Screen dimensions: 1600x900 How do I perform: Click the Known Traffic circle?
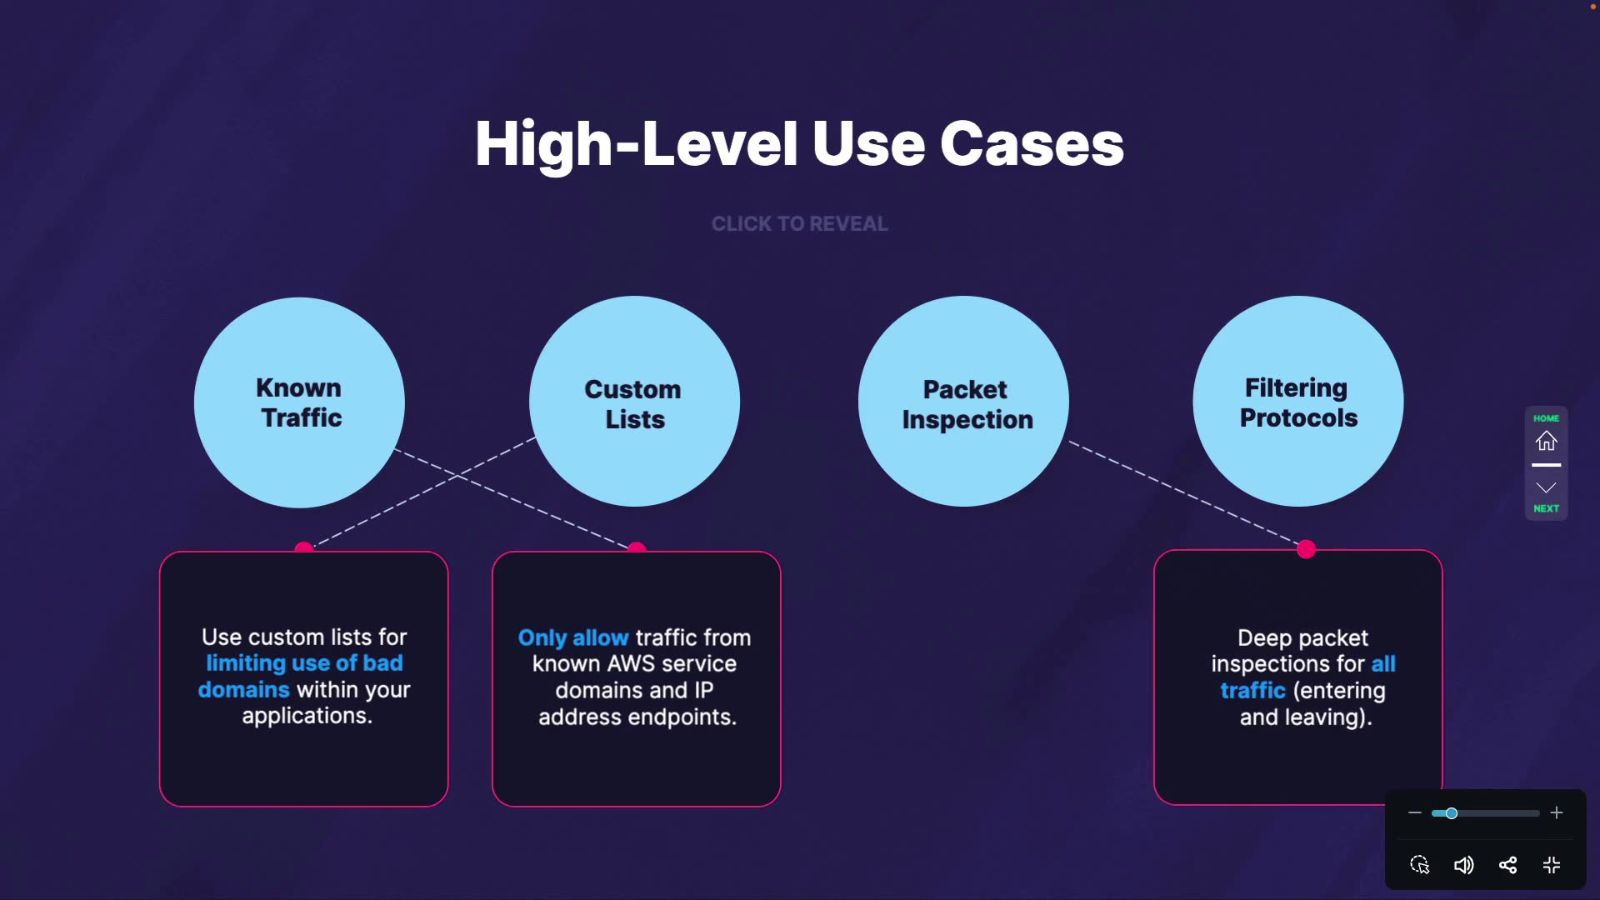pyautogui.click(x=299, y=402)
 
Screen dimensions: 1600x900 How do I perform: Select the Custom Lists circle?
pyautogui.click(x=634, y=401)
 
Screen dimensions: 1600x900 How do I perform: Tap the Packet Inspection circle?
pyautogui.click(x=963, y=401)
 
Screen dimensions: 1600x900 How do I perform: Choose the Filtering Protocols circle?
pyautogui.click(x=1298, y=401)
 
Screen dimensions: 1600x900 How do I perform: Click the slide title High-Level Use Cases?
pyautogui.click(x=799, y=143)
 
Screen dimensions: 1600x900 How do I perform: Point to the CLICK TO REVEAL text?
pyautogui.click(x=799, y=223)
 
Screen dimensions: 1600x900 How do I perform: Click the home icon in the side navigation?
pyautogui.click(x=1547, y=441)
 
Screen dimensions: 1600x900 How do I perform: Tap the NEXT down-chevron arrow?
pyautogui.click(x=1547, y=487)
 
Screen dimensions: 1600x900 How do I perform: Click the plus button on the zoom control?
pyautogui.click(x=1557, y=812)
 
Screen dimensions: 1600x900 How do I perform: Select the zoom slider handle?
pyautogui.click(x=1452, y=813)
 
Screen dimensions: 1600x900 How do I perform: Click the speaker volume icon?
pyautogui.click(x=1463, y=865)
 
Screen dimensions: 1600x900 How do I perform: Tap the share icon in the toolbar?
pyautogui.click(x=1507, y=865)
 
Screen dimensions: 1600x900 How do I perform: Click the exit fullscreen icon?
pyautogui.click(x=1552, y=865)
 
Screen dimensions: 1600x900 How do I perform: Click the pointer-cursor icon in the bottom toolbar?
pyautogui.click(x=1420, y=865)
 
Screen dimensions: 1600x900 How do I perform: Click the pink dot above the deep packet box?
pyautogui.click(x=1307, y=548)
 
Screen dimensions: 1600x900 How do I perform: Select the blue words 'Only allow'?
pyautogui.click(x=573, y=638)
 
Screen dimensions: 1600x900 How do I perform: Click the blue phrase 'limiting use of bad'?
pyautogui.click(x=304, y=663)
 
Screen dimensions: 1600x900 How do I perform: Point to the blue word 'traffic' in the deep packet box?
pyautogui.click(x=1252, y=690)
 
